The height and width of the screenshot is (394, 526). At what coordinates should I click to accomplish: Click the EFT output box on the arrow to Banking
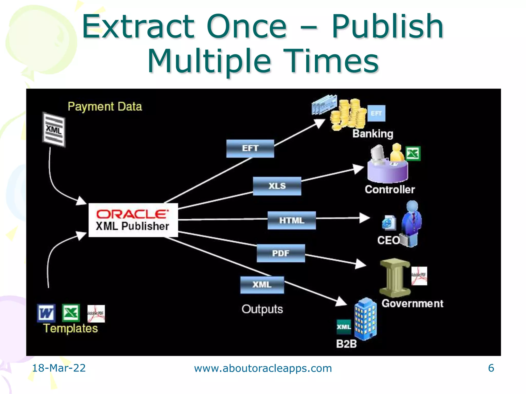[250, 149]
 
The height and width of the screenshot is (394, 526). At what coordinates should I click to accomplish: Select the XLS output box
[277, 186]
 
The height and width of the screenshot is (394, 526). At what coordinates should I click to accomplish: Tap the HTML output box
[292, 220]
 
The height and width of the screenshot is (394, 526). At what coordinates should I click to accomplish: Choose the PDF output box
[281, 253]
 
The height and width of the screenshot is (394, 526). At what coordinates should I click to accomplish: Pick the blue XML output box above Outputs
[262, 285]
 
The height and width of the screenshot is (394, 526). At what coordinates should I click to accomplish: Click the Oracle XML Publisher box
[133, 220]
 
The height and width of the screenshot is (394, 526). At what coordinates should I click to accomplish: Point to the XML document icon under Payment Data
[54, 130]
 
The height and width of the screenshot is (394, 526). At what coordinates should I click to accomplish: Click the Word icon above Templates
[46, 313]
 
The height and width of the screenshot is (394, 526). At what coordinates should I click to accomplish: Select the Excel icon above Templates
[71, 313]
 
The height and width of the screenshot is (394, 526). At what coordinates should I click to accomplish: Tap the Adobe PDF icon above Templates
[96, 313]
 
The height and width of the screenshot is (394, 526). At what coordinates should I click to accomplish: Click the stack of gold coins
[348, 114]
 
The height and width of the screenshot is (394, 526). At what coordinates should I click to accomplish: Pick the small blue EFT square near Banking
[376, 113]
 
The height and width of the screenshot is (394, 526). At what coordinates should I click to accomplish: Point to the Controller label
[390, 190]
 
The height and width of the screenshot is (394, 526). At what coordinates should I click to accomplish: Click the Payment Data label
[105, 106]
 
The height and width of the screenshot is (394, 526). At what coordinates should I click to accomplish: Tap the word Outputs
[262, 309]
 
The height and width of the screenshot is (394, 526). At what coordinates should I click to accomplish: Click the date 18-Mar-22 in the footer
[59, 368]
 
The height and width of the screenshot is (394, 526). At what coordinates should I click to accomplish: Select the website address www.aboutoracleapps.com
[263, 368]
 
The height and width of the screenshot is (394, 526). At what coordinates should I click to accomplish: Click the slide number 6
[491, 368]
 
